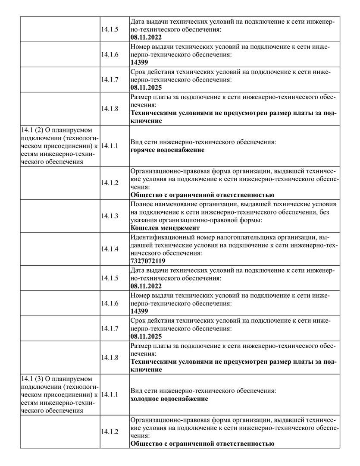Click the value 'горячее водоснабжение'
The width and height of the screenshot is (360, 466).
coord(167,150)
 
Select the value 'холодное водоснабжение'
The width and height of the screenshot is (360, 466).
coord(169,399)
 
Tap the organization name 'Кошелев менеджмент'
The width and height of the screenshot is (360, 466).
coord(165,228)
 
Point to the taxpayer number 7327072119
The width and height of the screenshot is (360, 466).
coord(147,261)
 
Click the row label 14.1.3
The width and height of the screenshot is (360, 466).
coord(110,216)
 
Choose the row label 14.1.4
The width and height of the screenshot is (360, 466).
coord(110,249)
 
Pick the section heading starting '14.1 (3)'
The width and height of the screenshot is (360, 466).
coord(59,394)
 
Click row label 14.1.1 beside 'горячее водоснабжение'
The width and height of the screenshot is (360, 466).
coord(110,146)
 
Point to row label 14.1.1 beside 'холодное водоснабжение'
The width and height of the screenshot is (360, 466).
coord(110,394)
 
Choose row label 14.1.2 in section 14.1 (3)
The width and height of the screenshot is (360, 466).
coord(110,432)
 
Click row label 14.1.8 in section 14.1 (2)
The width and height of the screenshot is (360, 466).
coord(110,357)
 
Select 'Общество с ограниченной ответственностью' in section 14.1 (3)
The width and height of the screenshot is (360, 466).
coord(202,444)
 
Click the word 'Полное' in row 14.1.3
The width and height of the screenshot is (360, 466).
coord(141,204)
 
